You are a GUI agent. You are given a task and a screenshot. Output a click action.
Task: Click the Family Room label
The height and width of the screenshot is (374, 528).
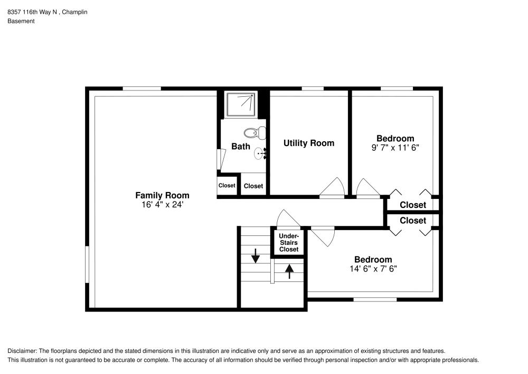click(x=162, y=195)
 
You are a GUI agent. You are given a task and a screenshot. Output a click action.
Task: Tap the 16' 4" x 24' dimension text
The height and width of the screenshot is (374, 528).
click(x=162, y=205)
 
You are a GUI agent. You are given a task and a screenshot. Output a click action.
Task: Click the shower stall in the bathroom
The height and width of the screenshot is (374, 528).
click(x=240, y=105)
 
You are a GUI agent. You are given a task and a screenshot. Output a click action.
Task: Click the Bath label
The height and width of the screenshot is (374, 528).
click(x=241, y=147)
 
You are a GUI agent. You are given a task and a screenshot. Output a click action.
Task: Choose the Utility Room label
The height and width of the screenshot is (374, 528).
click(x=309, y=143)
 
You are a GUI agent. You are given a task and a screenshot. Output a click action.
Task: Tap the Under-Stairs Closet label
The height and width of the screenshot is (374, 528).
click(x=289, y=242)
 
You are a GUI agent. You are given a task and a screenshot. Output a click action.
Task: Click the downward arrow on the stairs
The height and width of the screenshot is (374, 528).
click(x=256, y=256)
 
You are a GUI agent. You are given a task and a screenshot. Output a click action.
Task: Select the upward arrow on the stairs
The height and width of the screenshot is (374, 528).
click(x=289, y=270)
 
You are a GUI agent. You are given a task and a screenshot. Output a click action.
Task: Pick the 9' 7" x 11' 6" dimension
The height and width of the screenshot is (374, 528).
click(x=395, y=148)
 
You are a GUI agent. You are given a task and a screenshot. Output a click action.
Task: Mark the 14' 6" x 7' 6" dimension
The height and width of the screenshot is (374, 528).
click(x=373, y=269)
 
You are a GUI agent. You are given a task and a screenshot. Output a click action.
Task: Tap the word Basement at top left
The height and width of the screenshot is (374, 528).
click(x=21, y=21)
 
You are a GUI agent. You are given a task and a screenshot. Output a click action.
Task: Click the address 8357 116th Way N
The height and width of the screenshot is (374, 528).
click(x=32, y=11)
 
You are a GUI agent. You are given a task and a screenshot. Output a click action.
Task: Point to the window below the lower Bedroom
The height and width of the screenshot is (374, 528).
click(x=374, y=299)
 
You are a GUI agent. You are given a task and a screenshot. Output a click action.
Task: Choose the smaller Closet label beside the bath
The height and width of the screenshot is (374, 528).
click(x=227, y=186)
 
